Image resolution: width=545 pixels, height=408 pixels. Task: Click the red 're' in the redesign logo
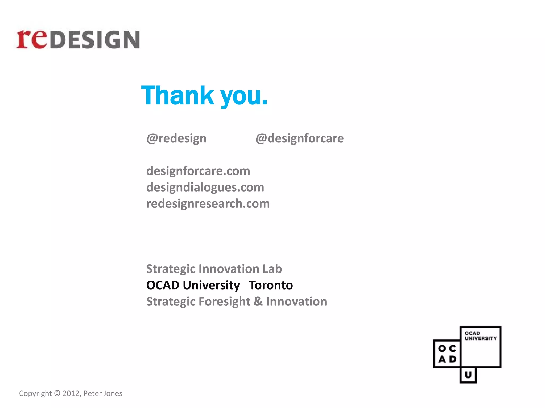31,39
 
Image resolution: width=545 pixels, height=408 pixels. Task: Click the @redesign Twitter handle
176,138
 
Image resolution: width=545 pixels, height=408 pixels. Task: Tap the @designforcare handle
300,138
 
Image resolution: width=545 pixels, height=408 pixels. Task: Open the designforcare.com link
198,171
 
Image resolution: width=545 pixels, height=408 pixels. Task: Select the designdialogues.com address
205,187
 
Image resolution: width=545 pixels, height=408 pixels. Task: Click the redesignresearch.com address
208,204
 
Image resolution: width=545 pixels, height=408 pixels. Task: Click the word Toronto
271,285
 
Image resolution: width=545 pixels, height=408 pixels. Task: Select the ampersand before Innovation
258,302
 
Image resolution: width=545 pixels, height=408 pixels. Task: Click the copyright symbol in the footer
57,393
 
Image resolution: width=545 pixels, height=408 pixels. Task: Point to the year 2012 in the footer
71,393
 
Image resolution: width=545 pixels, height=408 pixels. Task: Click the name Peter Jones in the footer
103,393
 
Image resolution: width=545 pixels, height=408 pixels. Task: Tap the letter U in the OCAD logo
468,375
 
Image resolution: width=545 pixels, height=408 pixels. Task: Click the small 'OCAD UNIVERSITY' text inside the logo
481,336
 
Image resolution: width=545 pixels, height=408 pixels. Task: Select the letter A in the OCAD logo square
442,359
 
